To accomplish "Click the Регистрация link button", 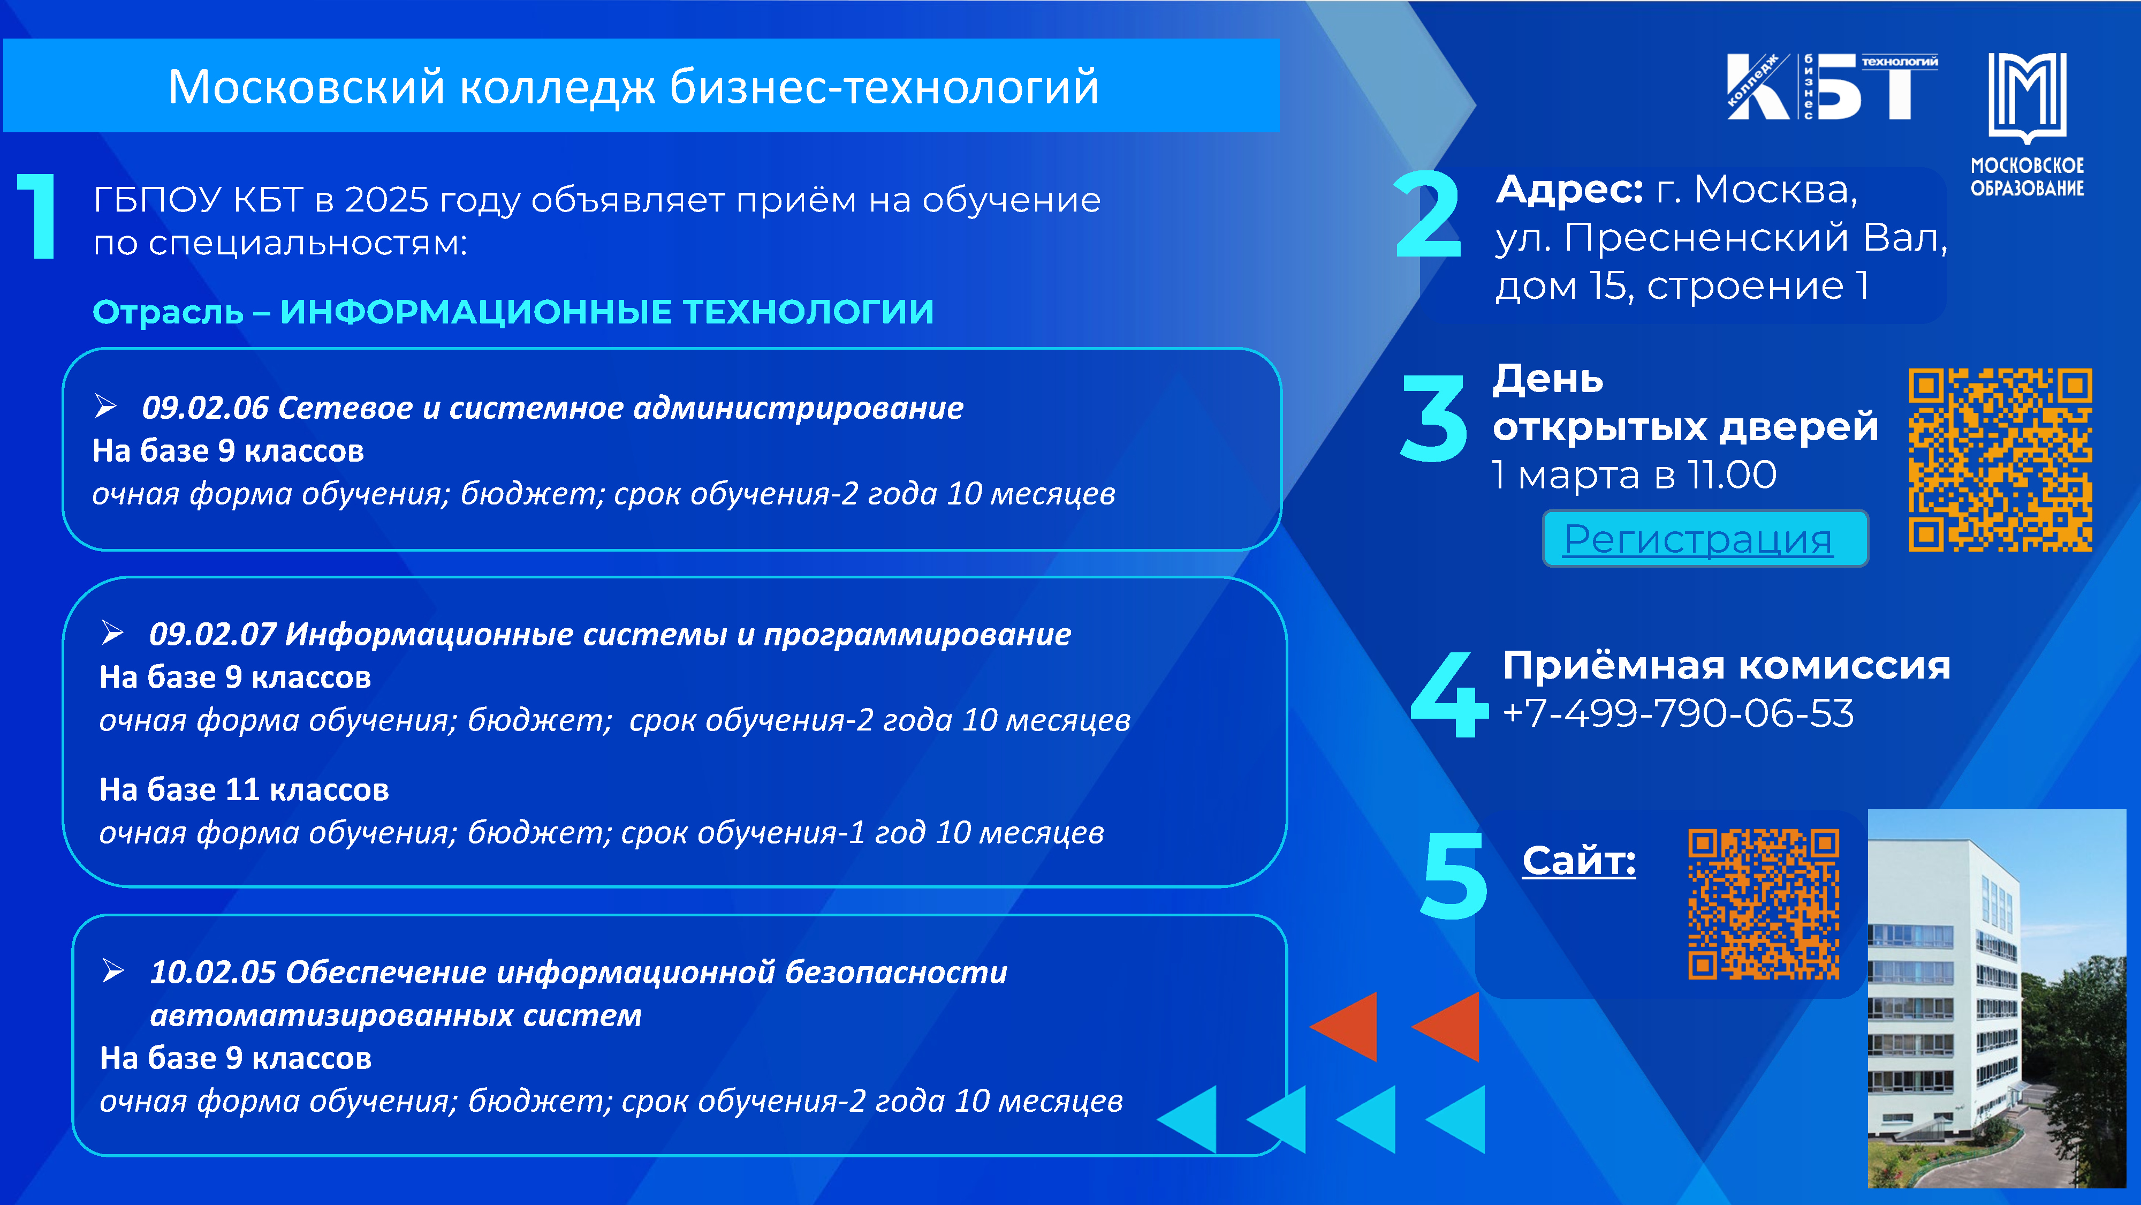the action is tap(1705, 539).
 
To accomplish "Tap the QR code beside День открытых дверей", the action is tap(2001, 460).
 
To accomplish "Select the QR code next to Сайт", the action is tap(1764, 904).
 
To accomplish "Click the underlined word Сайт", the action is tap(1579, 861).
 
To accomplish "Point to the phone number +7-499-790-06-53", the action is tap(1678, 713).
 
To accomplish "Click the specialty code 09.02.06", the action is tap(206, 408).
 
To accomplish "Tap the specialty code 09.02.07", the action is tap(213, 635).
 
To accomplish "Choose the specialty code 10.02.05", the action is tap(213, 972).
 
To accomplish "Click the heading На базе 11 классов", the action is tap(245, 789).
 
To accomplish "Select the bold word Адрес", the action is tap(1569, 191).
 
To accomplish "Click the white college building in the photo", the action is tap(1945, 998).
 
